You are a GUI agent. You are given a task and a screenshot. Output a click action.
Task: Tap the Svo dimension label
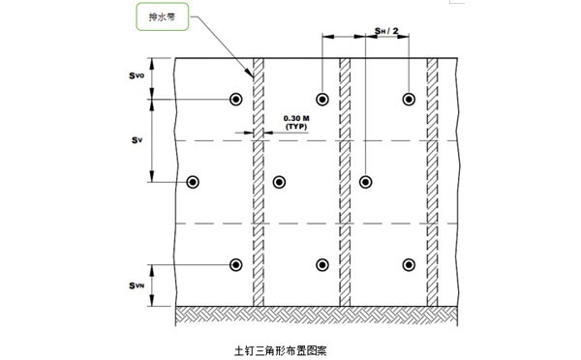pyautogui.click(x=138, y=75)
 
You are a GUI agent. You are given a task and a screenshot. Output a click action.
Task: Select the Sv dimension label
pyautogui.click(x=137, y=139)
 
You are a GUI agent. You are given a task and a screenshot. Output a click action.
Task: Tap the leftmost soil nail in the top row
pyautogui.click(x=235, y=100)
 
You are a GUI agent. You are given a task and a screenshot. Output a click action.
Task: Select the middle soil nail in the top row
pyautogui.click(x=322, y=100)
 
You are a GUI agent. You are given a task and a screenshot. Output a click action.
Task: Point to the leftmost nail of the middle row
pyautogui.click(x=192, y=182)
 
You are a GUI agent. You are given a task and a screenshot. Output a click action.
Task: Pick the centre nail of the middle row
pyautogui.click(x=279, y=182)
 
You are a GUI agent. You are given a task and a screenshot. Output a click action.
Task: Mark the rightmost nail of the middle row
pyautogui.click(x=366, y=182)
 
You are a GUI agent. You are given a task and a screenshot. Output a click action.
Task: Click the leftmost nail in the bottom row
pyautogui.click(x=235, y=265)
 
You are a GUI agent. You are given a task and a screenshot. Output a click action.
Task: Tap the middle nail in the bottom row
pyautogui.click(x=322, y=265)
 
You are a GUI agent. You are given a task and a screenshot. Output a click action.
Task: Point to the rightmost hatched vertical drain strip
pyautogui.click(x=432, y=194)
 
